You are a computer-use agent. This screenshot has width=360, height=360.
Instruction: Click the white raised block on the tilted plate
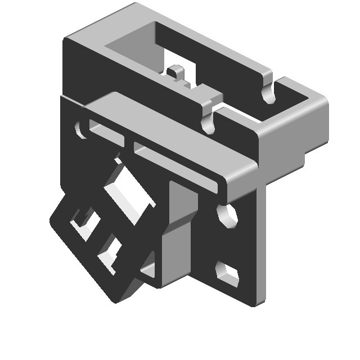pos(128,191)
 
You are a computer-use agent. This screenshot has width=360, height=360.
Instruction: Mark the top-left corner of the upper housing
pos(66,38)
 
